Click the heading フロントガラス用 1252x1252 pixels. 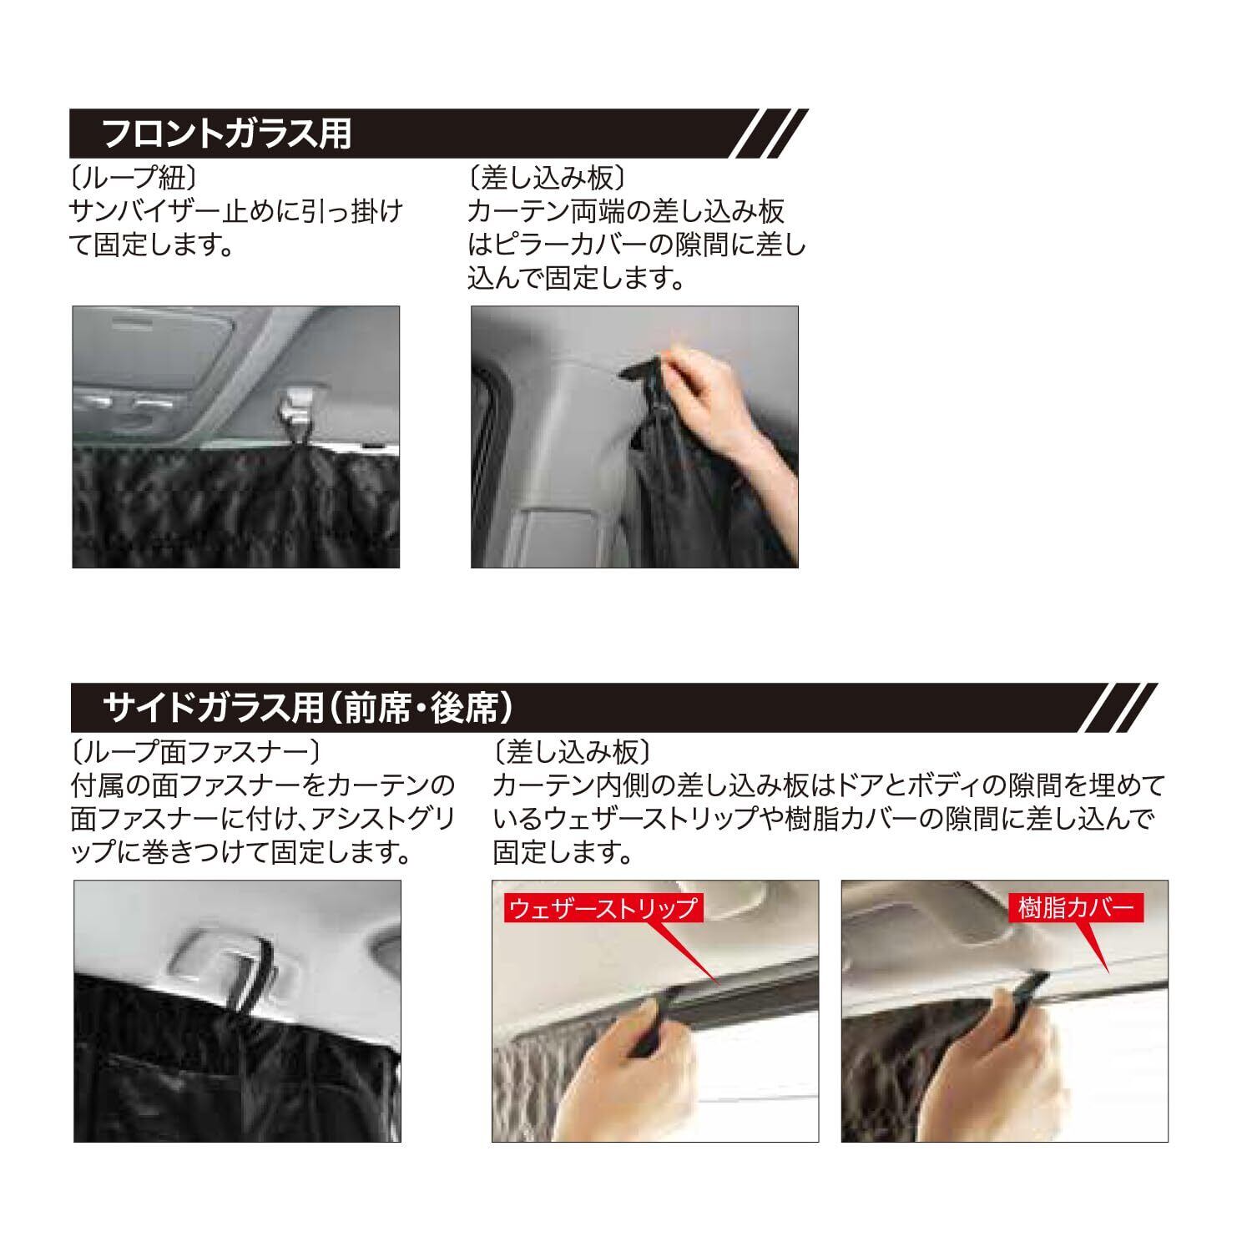pyautogui.click(x=227, y=134)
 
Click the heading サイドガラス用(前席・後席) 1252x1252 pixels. pyautogui.click(x=307, y=708)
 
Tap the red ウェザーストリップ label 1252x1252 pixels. pyautogui.click(x=602, y=907)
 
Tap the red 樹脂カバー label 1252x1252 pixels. pyautogui.click(x=1078, y=907)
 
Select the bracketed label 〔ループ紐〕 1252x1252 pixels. pyautogui.click(x=134, y=178)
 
